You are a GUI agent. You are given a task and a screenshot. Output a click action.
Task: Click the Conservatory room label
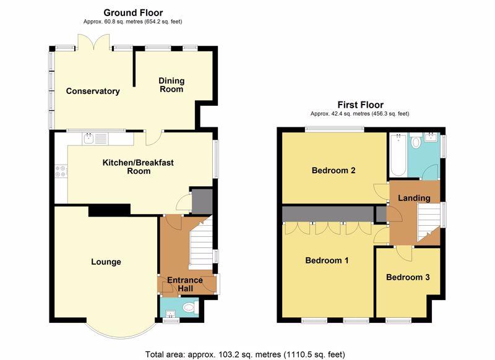pyautogui.click(x=93, y=91)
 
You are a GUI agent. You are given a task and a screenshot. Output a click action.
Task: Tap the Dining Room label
pyautogui.click(x=171, y=85)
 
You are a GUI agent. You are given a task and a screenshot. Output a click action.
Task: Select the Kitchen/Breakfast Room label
pyautogui.click(x=138, y=167)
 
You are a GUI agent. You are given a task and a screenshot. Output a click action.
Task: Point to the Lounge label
pyautogui.click(x=106, y=262)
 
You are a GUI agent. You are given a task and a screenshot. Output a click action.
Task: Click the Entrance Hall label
pyautogui.click(x=184, y=284)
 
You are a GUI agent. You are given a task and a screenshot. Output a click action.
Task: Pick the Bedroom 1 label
pyautogui.click(x=327, y=260)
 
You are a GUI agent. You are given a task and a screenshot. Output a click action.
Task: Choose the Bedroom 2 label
pyautogui.click(x=334, y=170)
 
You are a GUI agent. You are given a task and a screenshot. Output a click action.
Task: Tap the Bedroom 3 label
pyautogui.click(x=408, y=277)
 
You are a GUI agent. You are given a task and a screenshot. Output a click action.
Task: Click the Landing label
pyautogui.click(x=414, y=198)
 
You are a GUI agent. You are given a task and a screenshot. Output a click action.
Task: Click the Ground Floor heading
pyautogui.click(x=133, y=12)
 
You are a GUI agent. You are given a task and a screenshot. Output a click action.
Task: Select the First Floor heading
pyautogui.click(x=361, y=105)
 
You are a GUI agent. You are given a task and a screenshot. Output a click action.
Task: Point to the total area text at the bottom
pyautogui.click(x=245, y=354)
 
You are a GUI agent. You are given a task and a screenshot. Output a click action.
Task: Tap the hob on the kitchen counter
pyautogui.click(x=61, y=171)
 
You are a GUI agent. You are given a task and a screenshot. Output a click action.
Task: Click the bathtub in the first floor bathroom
pyautogui.click(x=398, y=155)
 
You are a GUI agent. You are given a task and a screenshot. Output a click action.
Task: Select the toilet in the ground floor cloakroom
pyautogui.click(x=191, y=307)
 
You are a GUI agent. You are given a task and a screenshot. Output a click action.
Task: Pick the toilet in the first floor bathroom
pyautogui.click(x=416, y=141)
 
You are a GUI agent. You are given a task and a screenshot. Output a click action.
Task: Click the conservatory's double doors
pyautogui.click(x=94, y=41)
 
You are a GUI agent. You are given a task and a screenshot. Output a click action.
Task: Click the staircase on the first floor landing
pyautogui.click(x=429, y=222)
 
